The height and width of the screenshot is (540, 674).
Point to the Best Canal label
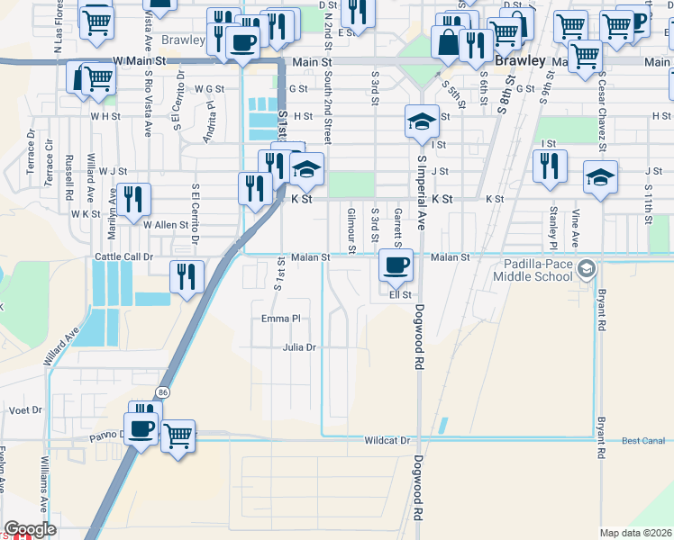643,441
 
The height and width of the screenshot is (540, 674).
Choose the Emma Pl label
279,319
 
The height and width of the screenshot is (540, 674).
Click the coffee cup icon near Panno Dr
142,428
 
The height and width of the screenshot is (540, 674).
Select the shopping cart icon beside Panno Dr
178,436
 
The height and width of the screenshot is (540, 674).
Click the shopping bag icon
446,40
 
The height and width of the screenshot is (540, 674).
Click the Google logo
31,529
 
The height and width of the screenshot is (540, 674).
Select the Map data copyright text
636,533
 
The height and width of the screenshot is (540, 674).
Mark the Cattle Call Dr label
125,256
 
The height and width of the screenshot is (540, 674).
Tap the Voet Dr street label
26,409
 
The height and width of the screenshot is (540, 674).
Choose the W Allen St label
165,225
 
